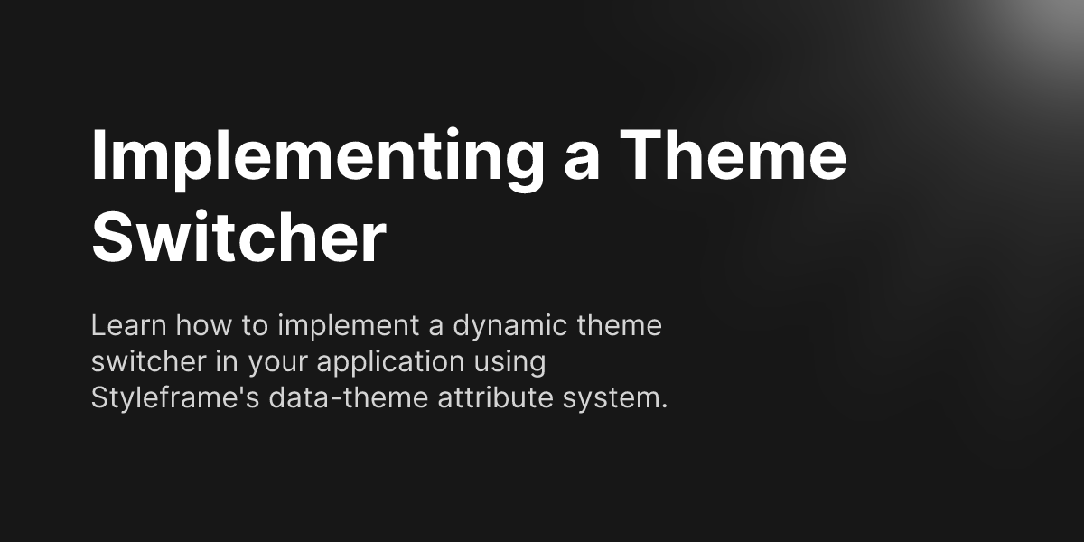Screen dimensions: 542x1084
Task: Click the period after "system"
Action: tap(664, 406)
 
